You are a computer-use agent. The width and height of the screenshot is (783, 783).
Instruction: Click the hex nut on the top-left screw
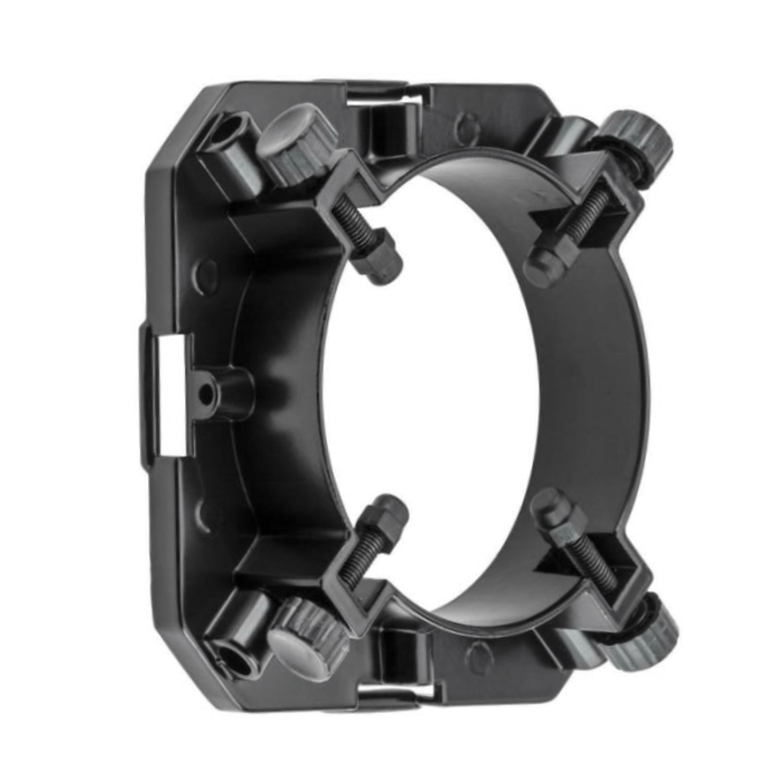pos(379,257)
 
